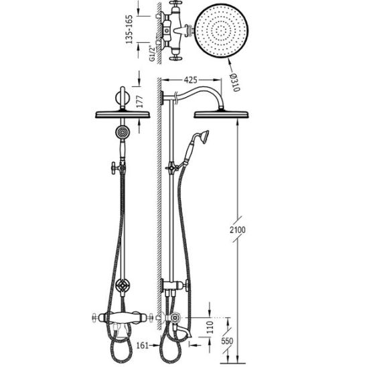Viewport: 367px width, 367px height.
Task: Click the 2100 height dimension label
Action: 237,230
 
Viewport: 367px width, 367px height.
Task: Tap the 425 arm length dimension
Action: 190,80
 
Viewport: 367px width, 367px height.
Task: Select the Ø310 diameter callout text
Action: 235,82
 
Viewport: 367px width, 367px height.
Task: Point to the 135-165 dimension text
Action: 129,29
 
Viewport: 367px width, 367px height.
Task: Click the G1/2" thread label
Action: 153,54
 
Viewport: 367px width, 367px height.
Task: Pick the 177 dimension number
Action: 140,102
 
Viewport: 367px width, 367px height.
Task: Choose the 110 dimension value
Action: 210,327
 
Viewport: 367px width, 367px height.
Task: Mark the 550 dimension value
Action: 227,341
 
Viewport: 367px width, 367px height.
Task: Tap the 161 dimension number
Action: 143,345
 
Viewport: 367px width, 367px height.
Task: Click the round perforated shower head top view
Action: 221,31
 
